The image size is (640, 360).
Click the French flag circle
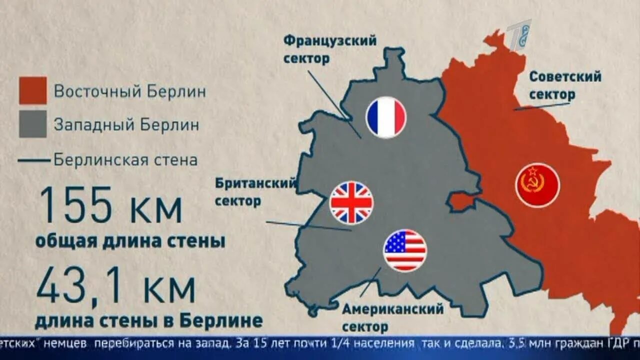coord(385,117)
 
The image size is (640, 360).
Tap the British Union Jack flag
coord(351,202)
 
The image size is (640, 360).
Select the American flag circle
coord(405,250)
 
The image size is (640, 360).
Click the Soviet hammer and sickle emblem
coord(537,185)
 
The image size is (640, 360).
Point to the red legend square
coord(33,90)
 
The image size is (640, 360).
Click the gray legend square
coord(33,124)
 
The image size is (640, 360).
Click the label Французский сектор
coord(330,49)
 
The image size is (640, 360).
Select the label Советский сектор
coord(565,85)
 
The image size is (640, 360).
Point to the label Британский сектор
coord(255,192)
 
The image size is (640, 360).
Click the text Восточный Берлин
coord(129,92)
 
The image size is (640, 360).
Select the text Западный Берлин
coord(126,125)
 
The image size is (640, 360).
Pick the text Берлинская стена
coord(125,161)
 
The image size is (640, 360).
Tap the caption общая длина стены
coord(130,241)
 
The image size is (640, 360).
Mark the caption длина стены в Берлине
coord(148,320)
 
